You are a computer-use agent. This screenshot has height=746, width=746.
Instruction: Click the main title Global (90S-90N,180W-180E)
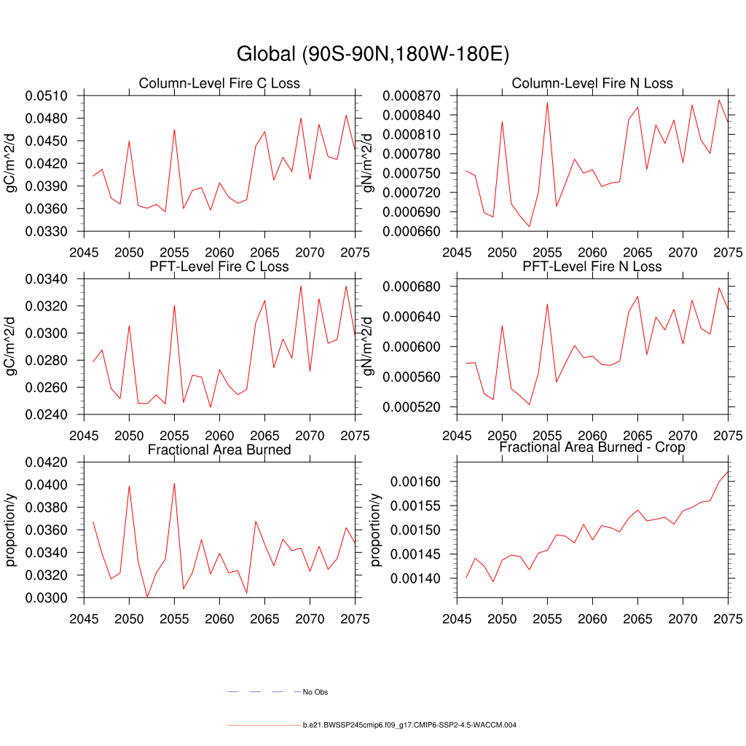tap(372, 55)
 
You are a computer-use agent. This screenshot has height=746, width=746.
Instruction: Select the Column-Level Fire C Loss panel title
tap(219, 83)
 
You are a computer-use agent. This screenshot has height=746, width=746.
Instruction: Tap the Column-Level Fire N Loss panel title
tap(592, 83)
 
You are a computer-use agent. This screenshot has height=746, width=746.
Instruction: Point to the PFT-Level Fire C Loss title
tap(219, 266)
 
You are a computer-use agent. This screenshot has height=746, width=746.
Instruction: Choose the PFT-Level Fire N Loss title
tap(592, 266)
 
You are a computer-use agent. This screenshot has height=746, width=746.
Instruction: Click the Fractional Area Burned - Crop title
tap(592, 447)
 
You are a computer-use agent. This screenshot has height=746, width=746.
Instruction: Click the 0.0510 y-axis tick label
tap(46, 95)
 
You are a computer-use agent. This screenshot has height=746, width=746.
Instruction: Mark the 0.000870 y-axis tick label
tap(409, 95)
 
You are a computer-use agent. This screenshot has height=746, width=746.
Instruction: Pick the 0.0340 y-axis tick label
tap(46, 279)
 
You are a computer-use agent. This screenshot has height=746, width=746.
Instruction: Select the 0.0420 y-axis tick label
tap(46, 462)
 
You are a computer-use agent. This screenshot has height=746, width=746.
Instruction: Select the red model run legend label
tap(409, 726)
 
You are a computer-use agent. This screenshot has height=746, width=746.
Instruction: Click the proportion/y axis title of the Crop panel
tap(376, 529)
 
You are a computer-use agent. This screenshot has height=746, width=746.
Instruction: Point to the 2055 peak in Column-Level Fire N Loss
tap(547, 102)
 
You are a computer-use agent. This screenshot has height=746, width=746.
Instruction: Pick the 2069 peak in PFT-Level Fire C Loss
tap(301, 286)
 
